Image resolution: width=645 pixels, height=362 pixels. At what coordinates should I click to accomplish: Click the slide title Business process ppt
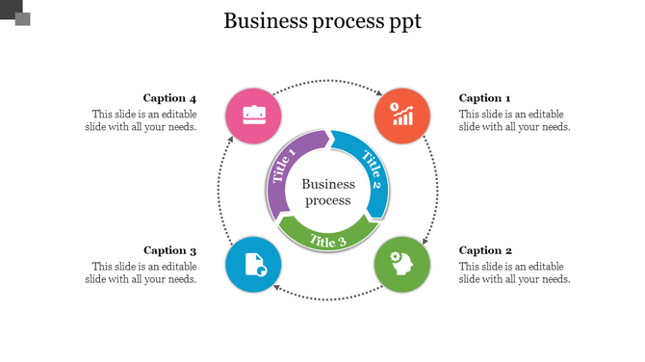(322, 21)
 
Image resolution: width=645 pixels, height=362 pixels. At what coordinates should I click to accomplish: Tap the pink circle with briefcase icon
(254, 116)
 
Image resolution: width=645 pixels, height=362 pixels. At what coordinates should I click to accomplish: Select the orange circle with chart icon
(402, 116)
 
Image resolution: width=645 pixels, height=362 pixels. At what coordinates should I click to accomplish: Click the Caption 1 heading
(484, 98)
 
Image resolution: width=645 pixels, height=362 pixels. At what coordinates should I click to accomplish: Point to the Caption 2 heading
(484, 250)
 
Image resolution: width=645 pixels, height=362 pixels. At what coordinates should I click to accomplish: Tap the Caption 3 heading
(169, 250)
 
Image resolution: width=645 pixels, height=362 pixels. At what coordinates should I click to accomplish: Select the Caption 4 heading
(169, 98)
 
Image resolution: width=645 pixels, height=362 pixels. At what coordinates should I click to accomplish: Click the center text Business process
(328, 192)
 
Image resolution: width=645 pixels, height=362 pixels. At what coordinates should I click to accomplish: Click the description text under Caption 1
(514, 120)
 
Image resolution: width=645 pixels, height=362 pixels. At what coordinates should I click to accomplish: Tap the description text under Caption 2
(514, 272)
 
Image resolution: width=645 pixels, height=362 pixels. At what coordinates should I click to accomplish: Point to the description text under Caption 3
(142, 272)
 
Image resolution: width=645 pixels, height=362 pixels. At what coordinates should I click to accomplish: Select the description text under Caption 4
(142, 120)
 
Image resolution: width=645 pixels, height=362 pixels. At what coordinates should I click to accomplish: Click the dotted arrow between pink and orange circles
(328, 81)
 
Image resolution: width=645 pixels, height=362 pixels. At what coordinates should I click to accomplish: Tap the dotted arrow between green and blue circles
(328, 298)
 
